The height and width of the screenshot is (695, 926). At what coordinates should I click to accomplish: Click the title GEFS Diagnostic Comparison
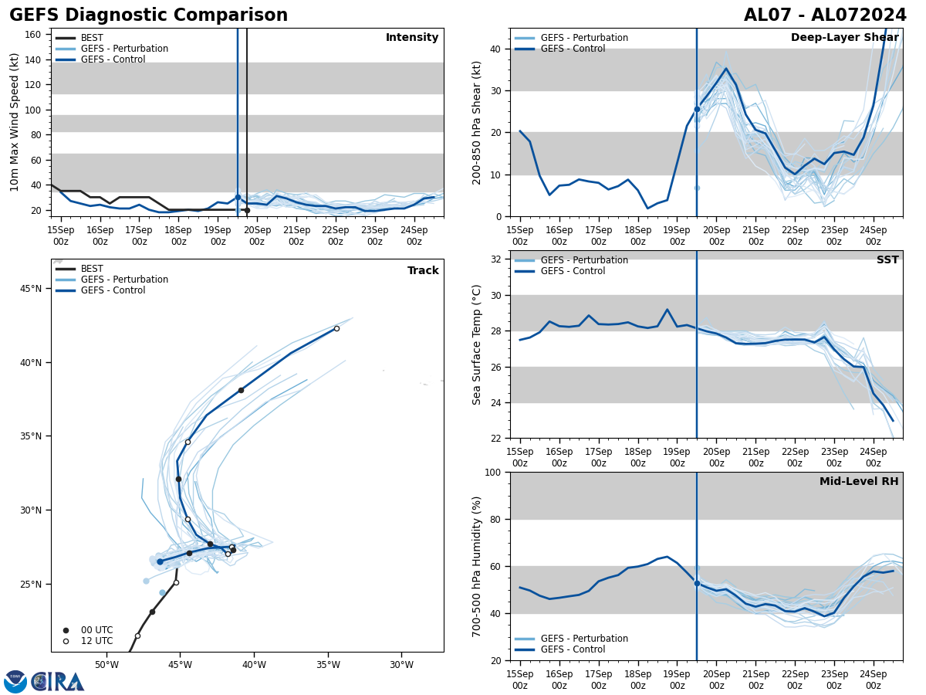(148, 15)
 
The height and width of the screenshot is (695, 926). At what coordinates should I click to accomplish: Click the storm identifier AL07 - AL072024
(825, 15)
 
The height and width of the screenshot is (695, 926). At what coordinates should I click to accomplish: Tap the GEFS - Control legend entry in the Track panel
(113, 290)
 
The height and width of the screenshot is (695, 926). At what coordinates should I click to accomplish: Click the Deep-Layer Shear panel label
(844, 38)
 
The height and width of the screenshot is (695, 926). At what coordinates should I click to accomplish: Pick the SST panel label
(887, 260)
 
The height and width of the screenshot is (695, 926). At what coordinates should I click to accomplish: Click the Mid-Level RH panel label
(859, 482)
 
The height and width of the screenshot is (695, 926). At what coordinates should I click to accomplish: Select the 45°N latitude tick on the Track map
(31, 289)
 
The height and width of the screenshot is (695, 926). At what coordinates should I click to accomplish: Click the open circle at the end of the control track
(336, 328)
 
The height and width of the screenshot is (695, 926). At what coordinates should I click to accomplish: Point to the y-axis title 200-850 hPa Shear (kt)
(478, 122)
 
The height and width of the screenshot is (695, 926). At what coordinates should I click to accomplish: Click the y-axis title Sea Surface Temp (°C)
(478, 344)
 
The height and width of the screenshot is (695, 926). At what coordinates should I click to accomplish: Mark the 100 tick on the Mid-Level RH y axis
(496, 473)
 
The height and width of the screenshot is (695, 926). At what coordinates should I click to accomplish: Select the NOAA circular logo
(15, 682)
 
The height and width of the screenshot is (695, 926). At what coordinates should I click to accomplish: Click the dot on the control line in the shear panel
(697, 109)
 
